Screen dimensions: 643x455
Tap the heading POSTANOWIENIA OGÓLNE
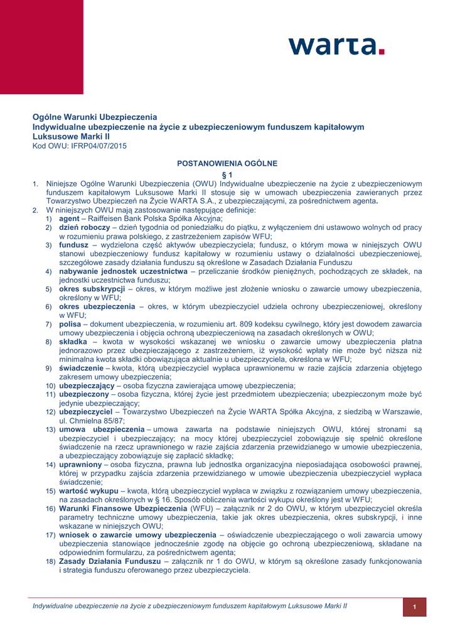[227, 163]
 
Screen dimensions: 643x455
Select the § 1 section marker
[227, 173]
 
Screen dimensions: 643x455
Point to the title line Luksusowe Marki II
[72, 136]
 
